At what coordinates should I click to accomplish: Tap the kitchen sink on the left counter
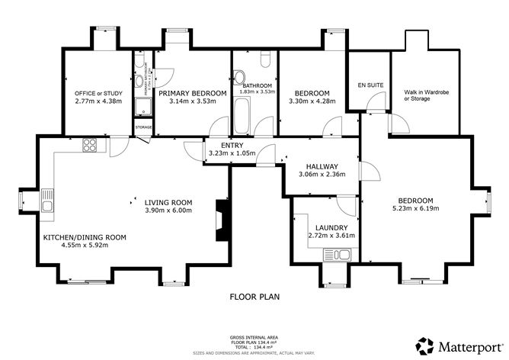47,202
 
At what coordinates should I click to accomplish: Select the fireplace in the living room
222,220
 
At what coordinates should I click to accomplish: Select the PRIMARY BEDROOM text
193,93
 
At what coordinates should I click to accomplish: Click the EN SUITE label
369,85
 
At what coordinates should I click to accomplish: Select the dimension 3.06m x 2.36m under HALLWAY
322,174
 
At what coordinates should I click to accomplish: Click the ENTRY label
232,145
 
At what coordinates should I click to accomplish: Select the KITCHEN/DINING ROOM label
85,237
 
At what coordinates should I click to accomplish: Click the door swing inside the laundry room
346,204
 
